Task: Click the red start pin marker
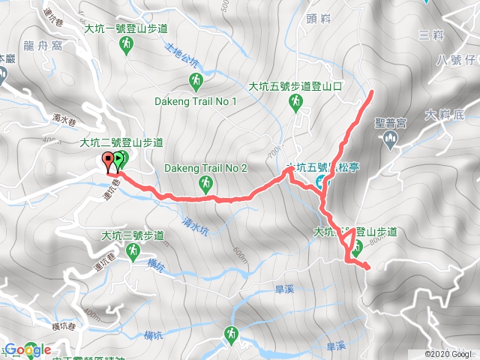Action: [108, 160]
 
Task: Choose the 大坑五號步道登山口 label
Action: [295, 86]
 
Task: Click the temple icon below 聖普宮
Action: [390, 139]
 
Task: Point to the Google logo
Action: [28, 349]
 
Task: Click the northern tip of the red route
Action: [373, 93]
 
